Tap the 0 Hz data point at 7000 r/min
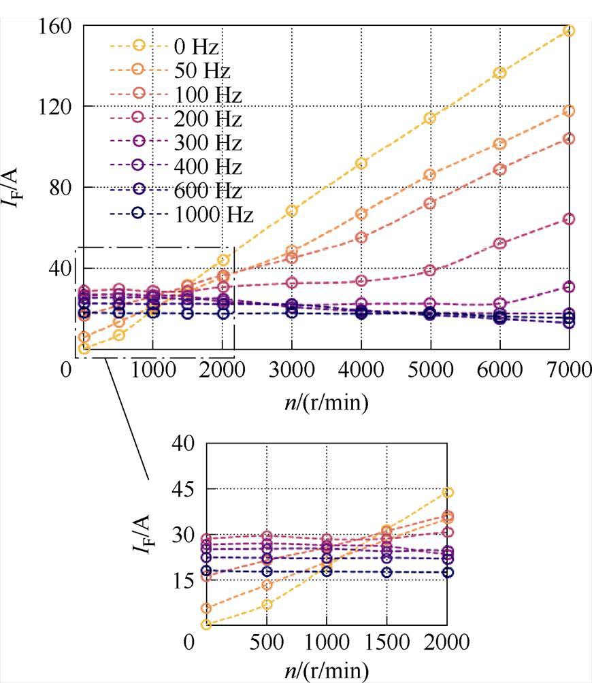[x=569, y=31]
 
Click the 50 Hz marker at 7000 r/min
[x=569, y=111]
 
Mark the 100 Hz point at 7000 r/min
[x=569, y=139]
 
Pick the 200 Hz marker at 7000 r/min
[x=569, y=219]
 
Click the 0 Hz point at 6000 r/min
[x=499, y=73]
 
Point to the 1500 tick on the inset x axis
[x=387, y=642]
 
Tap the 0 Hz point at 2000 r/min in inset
[x=447, y=493]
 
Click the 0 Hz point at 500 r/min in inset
[x=267, y=604]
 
